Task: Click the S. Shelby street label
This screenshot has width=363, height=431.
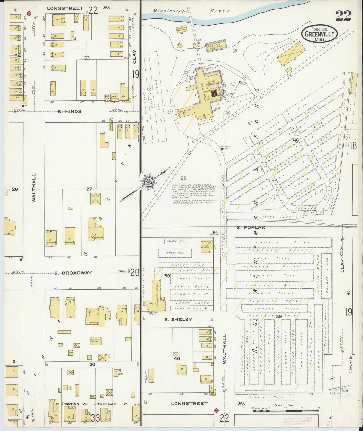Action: [178, 319]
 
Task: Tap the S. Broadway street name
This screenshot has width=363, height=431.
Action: [70, 273]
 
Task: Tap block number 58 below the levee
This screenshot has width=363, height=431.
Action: [184, 178]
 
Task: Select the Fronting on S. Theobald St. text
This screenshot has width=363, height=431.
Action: [95, 404]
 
